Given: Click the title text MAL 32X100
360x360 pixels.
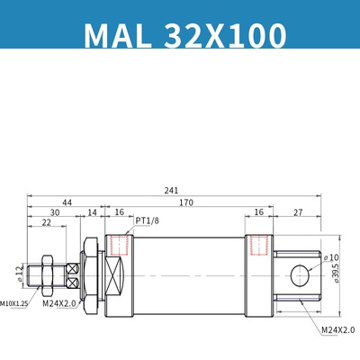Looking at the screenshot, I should (184, 35).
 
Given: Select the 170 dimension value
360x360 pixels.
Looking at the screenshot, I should (185, 202).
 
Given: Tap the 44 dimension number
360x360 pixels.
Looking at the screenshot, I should (67, 202).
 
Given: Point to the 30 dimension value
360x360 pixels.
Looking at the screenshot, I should (55, 212).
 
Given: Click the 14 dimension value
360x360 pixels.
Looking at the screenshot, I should (92, 212).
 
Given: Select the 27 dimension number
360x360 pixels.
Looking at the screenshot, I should (297, 212).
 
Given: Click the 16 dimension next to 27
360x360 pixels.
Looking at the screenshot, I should (259, 212).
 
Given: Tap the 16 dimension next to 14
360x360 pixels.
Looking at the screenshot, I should (119, 212).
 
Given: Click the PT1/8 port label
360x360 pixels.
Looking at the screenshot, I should (148, 219).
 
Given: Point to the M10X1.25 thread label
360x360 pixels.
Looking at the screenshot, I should (14, 305).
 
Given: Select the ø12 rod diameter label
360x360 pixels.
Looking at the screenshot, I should (21, 273).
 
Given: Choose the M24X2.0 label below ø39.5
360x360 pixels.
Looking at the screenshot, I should (337, 329).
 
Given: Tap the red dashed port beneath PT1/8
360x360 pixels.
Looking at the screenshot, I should (116, 245).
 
